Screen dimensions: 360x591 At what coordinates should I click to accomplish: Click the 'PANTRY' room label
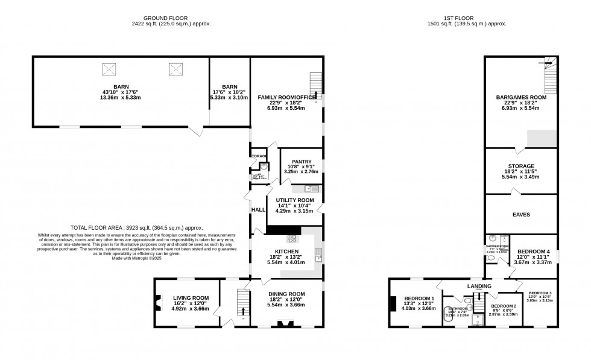[301, 162]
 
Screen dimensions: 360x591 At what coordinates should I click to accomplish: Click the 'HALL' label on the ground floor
[258, 209]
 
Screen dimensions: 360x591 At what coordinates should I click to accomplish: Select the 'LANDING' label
[478, 285]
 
